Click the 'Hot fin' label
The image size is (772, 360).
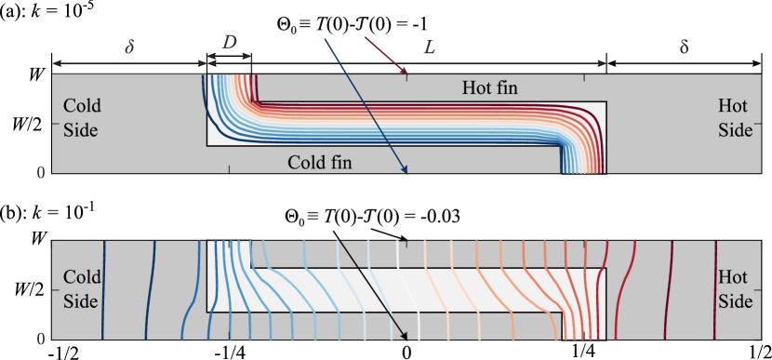click(x=489, y=88)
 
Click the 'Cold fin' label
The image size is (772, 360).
click(x=319, y=163)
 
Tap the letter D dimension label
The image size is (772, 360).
click(x=230, y=43)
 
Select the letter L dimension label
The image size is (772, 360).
click(x=429, y=47)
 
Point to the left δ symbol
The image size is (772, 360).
click(x=129, y=46)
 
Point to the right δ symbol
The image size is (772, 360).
click(x=684, y=46)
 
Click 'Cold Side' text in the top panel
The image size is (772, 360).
click(x=82, y=118)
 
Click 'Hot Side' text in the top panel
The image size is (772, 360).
click(x=735, y=118)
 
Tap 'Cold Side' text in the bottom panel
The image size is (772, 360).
click(x=82, y=288)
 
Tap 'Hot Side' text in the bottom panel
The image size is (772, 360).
click(x=735, y=288)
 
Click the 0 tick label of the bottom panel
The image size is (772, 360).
click(x=41, y=339)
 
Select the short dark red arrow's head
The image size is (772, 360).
click(x=406, y=72)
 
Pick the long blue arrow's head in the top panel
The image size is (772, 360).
click(x=406, y=170)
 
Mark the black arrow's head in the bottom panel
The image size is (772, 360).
click(x=406, y=337)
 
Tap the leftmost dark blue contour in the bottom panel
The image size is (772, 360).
click(x=104, y=288)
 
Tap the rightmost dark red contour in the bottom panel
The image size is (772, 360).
click(x=715, y=288)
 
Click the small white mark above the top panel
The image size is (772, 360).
click(x=348, y=31)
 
